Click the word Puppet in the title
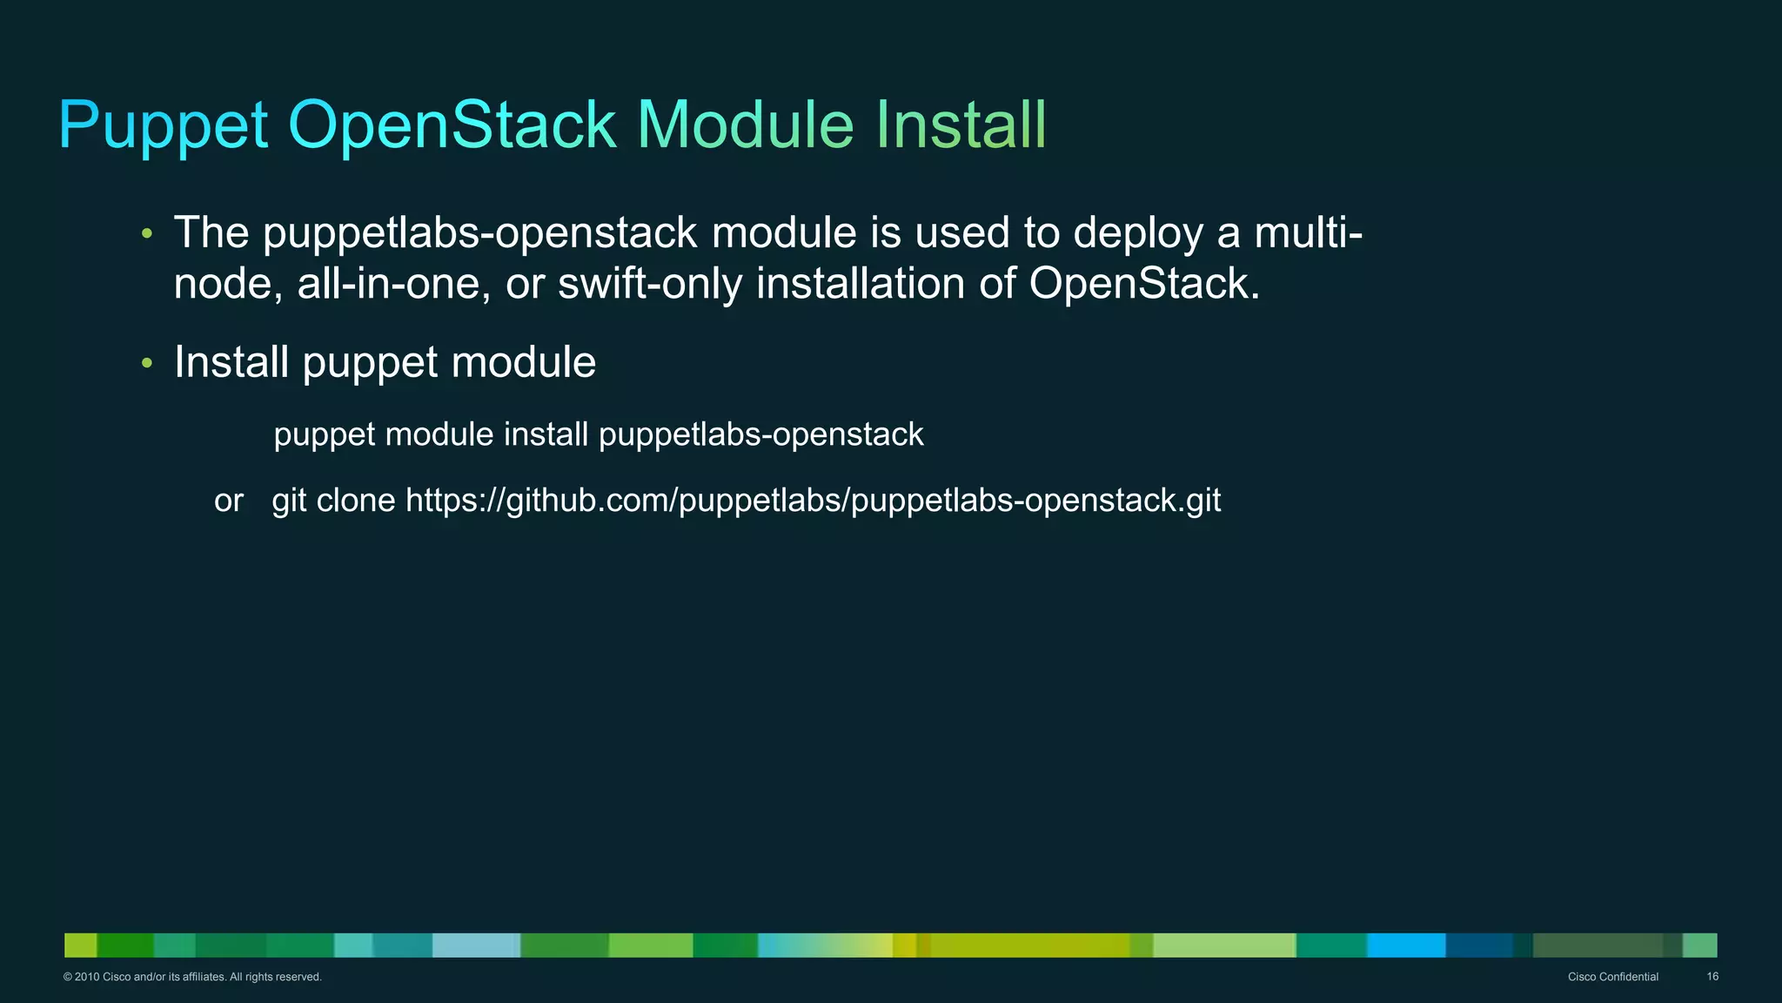(164, 126)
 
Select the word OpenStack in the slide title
(452, 125)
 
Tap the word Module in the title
(746, 125)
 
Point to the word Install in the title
(961, 125)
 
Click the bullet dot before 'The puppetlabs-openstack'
(147, 233)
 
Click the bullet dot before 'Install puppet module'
(147, 362)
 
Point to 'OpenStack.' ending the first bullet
(1144, 284)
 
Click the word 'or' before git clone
(229, 501)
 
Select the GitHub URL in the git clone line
(813, 501)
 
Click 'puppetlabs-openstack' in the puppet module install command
(760, 434)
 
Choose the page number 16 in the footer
(1712, 977)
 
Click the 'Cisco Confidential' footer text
(1612, 977)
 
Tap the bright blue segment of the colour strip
(1406, 946)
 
